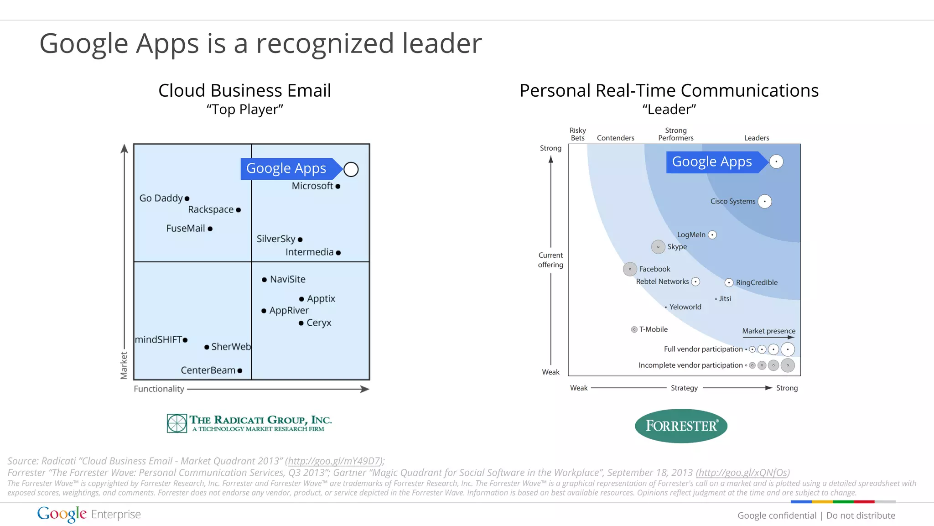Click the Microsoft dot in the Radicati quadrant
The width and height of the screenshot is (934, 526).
coord(338,186)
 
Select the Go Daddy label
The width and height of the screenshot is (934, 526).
coord(161,198)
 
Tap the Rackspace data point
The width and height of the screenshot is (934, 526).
coord(239,210)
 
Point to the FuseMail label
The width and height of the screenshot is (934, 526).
coord(186,228)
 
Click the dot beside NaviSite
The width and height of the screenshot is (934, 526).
coord(264,280)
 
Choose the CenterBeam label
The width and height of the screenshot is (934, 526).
coord(208,370)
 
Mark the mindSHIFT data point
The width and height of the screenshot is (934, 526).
coord(185,340)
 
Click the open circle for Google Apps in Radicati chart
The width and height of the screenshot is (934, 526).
coord(351,169)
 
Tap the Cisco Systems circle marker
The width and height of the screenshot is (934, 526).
coord(765,201)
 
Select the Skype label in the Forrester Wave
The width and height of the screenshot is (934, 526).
coord(677,247)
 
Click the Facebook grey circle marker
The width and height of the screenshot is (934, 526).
coord(630,269)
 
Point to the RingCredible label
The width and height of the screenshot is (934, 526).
coord(757,282)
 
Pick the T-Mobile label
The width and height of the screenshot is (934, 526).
coord(653,329)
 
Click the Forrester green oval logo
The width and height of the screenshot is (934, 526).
coord(681,426)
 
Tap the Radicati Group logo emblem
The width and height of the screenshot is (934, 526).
coord(177,423)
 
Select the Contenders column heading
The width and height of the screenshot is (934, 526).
coord(615,138)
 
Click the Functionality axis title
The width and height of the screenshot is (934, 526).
coord(159,389)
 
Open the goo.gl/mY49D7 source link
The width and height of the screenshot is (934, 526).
coord(334,461)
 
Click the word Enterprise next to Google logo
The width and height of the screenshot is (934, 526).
coord(116,514)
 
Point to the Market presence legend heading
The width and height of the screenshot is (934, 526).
coord(768,331)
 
